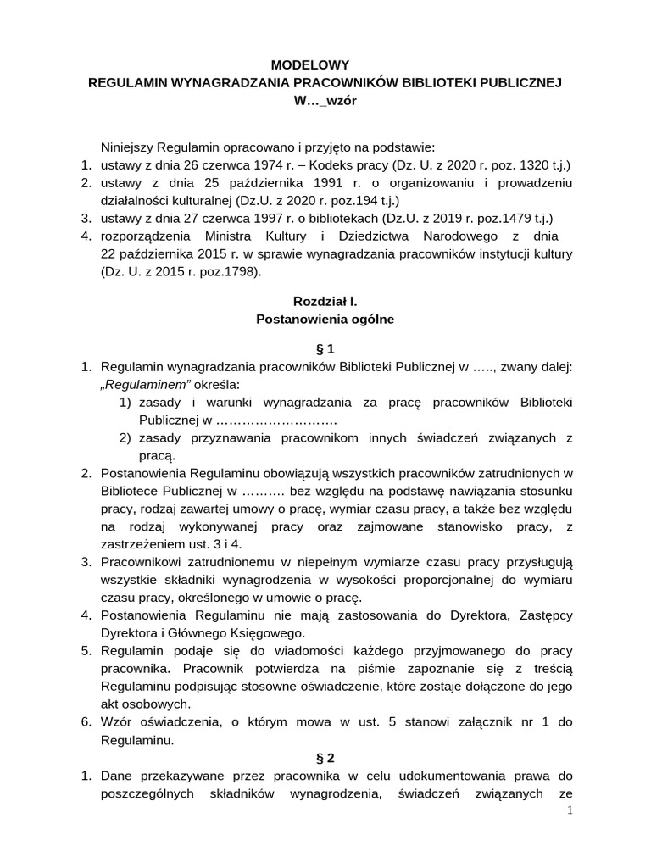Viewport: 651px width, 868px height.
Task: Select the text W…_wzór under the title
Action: tap(325, 101)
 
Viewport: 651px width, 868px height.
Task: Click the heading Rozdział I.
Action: tap(325, 301)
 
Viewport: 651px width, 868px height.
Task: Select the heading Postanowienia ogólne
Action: tap(325, 320)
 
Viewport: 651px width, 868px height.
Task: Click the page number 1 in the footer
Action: tap(570, 811)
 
